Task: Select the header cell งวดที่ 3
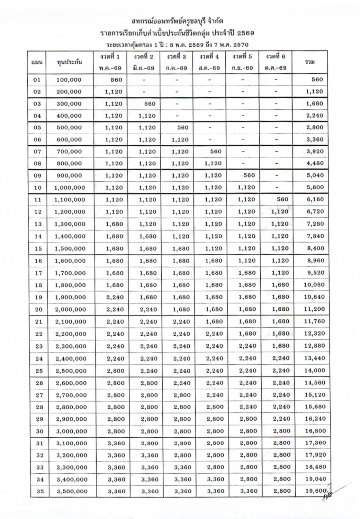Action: [x=176, y=56]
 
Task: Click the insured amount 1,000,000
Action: [x=70, y=188]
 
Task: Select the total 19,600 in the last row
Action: [x=315, y=491]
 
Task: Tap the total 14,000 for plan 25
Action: [x=315, y=371]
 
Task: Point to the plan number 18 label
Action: [x=38, y=285]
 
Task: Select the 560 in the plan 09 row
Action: [x=249, y=175]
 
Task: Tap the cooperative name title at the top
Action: [x=177, y=22]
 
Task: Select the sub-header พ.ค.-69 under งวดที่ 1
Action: [x=110, y=68]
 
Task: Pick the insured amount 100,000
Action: [x=69, y=80]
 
